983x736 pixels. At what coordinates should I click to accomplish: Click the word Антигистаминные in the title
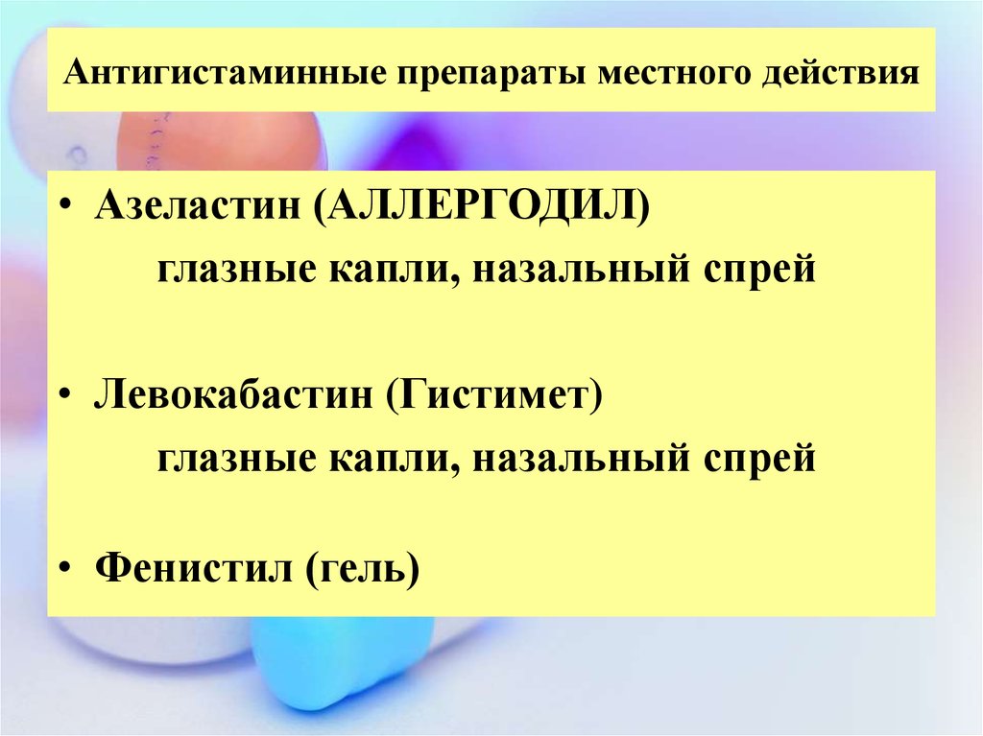pos(225,72)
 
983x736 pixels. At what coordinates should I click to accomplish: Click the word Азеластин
pos(197,205)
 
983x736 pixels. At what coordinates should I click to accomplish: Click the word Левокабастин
pos(232,395)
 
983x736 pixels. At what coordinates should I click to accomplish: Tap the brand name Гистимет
pos(493,395)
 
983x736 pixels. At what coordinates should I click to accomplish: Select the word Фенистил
pos(194,568)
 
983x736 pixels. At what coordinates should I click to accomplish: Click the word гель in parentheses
pos(362,569)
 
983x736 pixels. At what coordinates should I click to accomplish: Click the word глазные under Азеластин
pos(237,271)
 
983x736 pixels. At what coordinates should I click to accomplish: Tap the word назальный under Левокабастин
pos(581,458)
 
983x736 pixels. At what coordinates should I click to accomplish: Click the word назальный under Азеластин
pos(581,271)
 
